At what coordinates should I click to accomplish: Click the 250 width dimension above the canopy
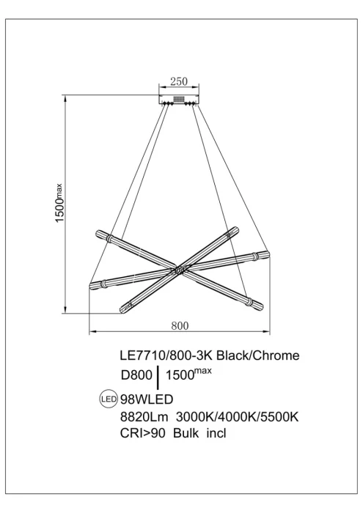[180, 81]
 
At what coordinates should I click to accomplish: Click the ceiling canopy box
[179, 99]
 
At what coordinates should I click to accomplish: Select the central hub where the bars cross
[178, 271]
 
